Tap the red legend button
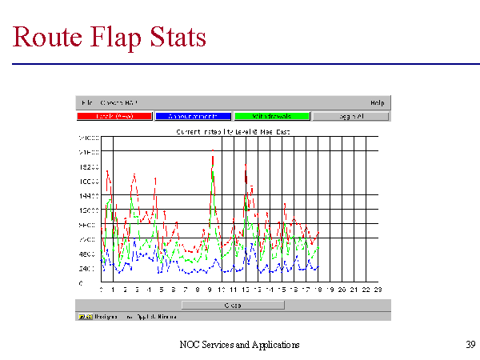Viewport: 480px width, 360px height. tap(114, 117)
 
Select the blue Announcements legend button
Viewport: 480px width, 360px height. tap(193, 117)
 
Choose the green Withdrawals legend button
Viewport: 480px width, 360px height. tap(271, 117)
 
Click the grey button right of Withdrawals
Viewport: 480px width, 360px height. tap(350, 117)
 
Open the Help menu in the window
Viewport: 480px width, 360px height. tap(378, 102)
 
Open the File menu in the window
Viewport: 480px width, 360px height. tap(86, 102)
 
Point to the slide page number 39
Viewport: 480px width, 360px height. tap(470, 344)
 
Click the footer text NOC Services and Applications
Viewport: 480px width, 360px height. tap(240, 344)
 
